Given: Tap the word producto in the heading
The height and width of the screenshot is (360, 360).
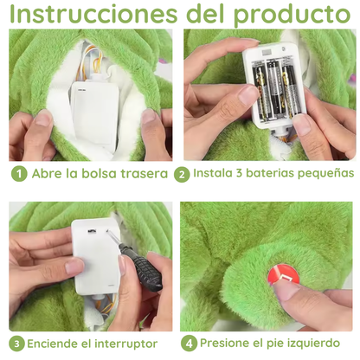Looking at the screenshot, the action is (x=292, y=15).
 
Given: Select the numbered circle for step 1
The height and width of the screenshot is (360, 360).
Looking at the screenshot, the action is (x=19, y=174).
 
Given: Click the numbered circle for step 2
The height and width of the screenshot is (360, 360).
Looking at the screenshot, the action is (x=182, y=174).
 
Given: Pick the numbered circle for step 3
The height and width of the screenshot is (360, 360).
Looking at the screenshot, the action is (x=16, y=344).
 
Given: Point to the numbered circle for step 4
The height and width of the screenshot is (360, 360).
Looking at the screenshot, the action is (x=189, y=344).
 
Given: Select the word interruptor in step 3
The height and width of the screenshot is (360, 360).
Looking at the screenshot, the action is (x=126, y=344).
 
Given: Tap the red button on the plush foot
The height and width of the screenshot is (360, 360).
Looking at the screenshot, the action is (x=282, y=274).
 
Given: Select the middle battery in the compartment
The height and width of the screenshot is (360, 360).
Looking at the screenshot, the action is (x=273, y=88).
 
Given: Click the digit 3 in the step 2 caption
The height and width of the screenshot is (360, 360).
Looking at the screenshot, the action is (x=239, y=173).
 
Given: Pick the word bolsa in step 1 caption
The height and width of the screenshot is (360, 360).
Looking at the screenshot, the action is (x=99, y=174).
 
